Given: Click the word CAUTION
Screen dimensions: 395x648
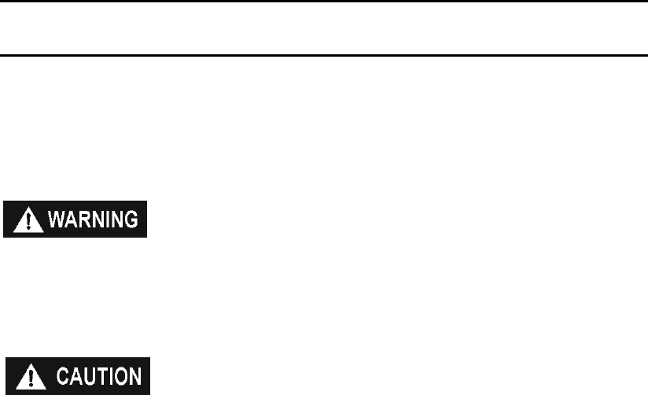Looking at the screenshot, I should click(x=98, y=377).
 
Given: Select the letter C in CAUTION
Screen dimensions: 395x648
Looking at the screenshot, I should click(x=61, y=377).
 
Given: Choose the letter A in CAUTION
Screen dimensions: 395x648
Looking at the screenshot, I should click(x=74, y=377).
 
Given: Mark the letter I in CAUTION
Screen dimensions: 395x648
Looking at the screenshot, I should click(x=109, y=377).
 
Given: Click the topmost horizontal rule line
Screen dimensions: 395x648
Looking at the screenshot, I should click(x=324, y=2).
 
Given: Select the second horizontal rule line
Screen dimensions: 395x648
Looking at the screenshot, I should click(x=324, y=55).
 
